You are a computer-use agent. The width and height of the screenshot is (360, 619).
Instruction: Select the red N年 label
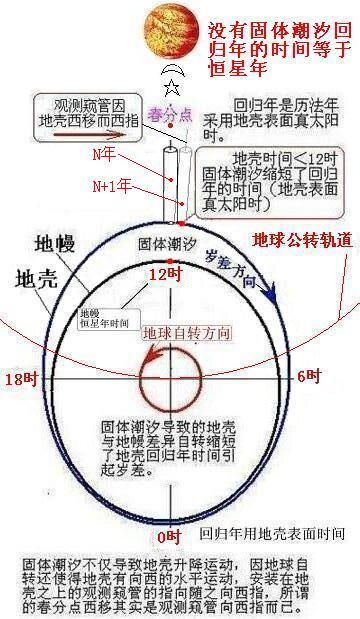tap(131, 157)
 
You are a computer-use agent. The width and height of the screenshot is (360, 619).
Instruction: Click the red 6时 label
tap(310, 376)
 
